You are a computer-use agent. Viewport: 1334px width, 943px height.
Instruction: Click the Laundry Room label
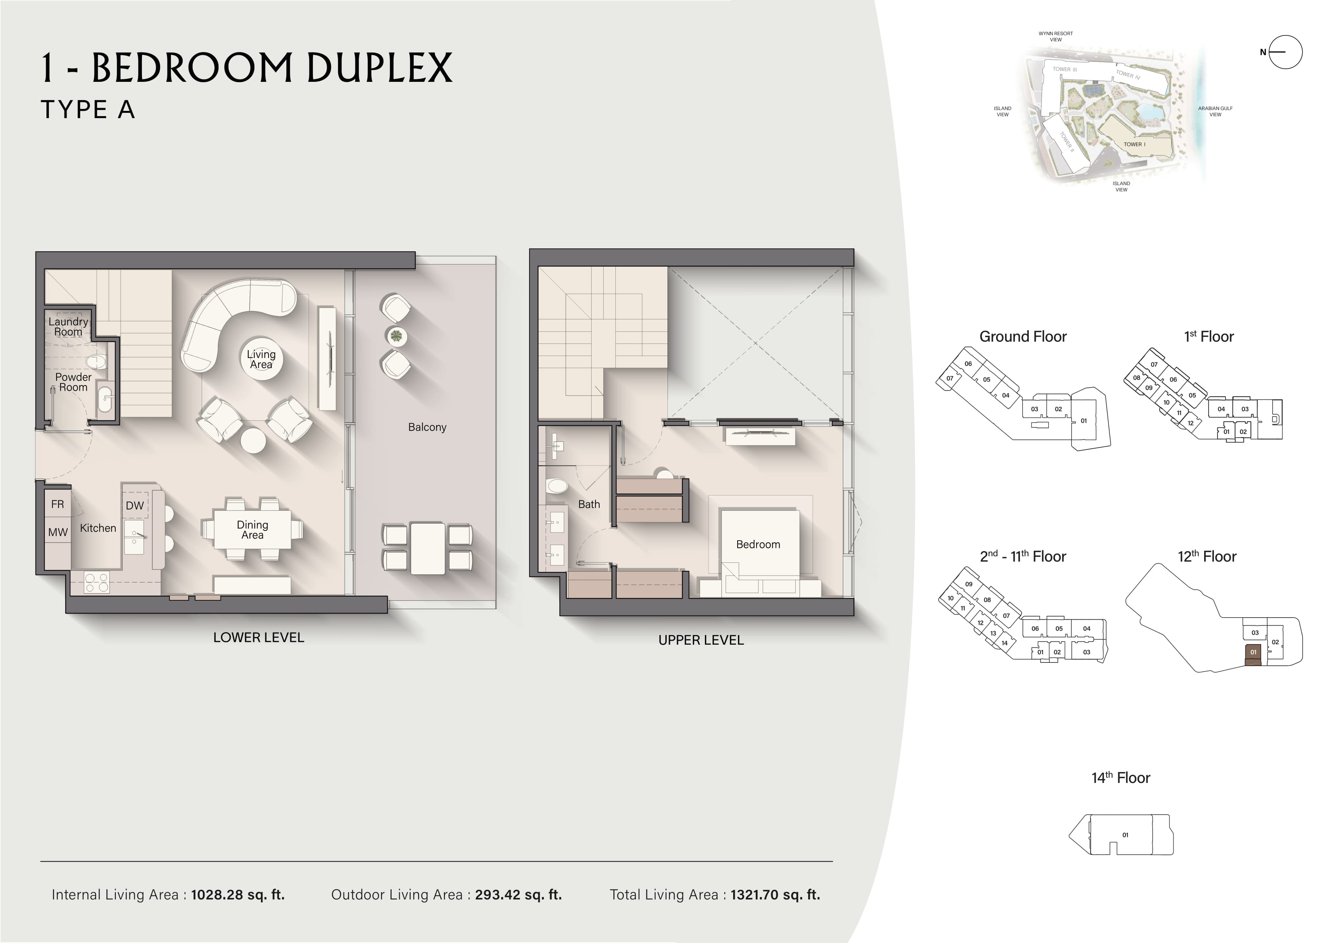click(x=68, y=327)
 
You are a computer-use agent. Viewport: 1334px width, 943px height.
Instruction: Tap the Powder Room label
click(x=73, y=382)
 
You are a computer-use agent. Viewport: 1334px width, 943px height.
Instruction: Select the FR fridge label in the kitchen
click(x=58, y=504)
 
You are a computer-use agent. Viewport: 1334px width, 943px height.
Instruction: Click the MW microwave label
click(x=58, y=532)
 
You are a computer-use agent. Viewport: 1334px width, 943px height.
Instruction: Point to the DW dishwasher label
click(x=135, y=506)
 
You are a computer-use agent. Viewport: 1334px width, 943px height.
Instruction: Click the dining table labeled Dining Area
click(x=252, y=529)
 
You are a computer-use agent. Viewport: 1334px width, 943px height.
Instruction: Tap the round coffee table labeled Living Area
click(x=261, y=358)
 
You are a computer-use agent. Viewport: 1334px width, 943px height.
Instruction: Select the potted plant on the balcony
click(x=396, y=336)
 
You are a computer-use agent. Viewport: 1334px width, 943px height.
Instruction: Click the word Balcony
click(x=427, y=427)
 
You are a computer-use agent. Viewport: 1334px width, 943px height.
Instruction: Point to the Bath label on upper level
click(x=588, y=504)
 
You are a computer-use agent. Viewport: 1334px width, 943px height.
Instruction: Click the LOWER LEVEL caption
click(x=258, y=637)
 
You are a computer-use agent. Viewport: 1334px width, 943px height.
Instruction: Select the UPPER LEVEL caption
click(x=701, y=640)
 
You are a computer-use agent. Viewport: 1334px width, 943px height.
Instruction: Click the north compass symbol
click(x=1285, y=52)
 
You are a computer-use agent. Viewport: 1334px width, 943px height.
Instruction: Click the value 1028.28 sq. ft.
click(x=238, y=895)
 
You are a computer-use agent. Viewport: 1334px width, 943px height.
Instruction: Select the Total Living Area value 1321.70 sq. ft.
click(x=775, y=895)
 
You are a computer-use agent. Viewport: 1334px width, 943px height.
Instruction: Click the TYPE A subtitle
click(x=88, y=109)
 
